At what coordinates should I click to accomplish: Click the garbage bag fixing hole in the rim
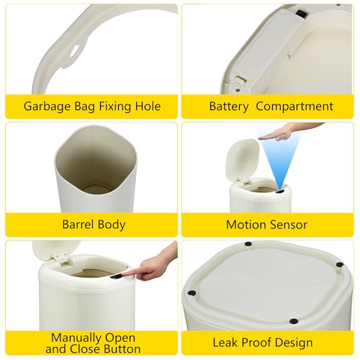coord(74,50)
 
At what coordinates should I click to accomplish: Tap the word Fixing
coord(114,107)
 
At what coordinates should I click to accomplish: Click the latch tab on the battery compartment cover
coord(240,80)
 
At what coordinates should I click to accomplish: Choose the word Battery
coord(229,107)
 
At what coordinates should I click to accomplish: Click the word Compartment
coord(294,107)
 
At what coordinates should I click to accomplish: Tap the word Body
coord(112,225)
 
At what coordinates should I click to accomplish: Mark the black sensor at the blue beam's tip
coord(280,192)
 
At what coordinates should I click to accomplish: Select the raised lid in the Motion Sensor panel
coord(243,160)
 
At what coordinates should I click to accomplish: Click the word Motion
coord(246,225)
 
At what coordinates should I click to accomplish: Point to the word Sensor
coord(288,225)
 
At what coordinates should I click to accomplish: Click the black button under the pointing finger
coord(116,276)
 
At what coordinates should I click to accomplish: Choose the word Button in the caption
coord(122,349)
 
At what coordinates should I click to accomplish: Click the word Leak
coord(225,342)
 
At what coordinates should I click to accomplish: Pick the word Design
coord(294,343)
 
